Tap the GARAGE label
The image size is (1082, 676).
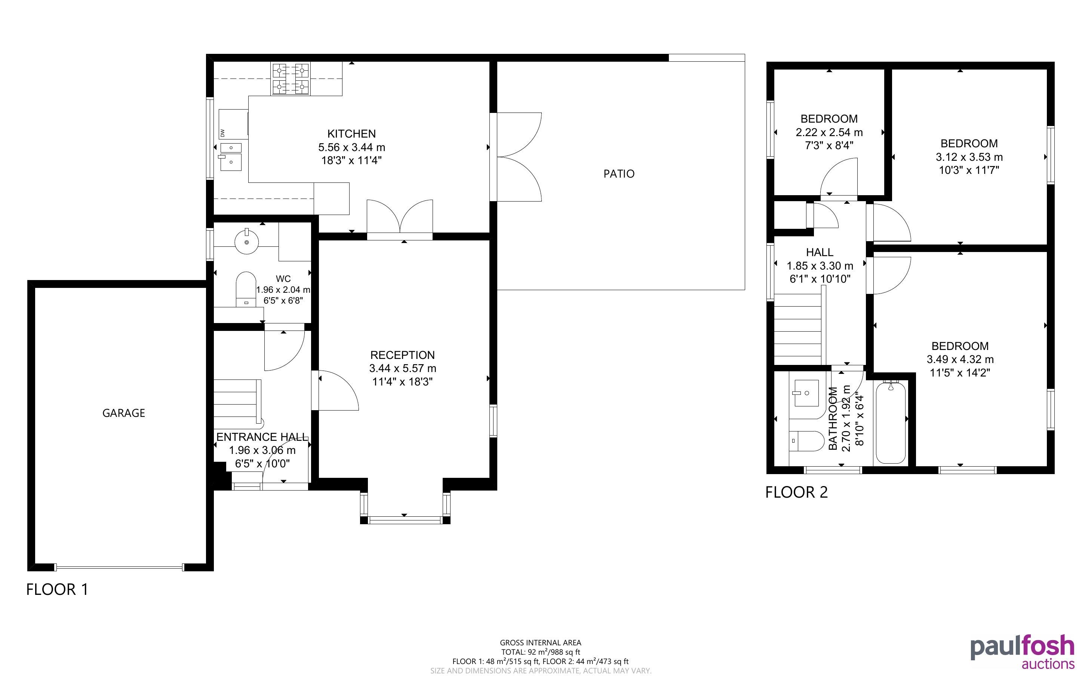point(124,413)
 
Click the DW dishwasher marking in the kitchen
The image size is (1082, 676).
point(222,133)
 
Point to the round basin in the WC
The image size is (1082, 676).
point(247,242)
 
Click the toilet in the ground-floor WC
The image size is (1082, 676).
point(245,289)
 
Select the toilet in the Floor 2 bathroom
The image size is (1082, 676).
point(807,442)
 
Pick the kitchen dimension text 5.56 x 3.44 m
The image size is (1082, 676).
point(351,147)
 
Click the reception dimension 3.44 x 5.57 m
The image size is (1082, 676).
point(402,368)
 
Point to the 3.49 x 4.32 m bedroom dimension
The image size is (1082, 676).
point(960,359)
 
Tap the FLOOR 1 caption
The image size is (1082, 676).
point(57,589)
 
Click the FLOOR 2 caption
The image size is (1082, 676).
point(796,492)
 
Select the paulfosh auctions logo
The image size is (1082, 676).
point(1023,652)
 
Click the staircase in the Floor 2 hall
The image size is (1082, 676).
point(800,326)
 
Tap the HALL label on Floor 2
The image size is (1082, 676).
point(820,252)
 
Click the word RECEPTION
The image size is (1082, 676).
point(402,355)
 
